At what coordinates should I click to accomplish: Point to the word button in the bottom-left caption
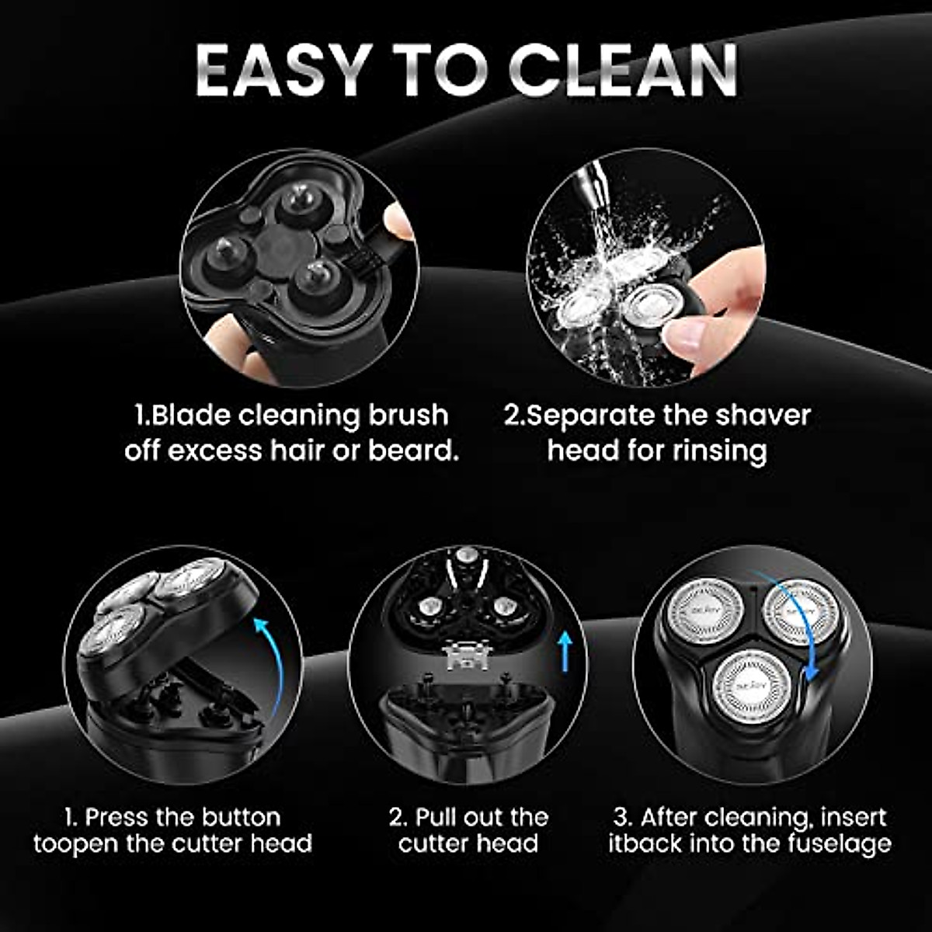point(241,817)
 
